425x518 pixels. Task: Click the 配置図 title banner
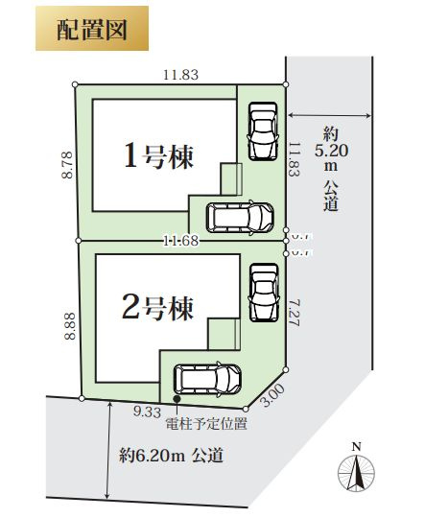[92, 29]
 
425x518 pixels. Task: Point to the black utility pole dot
[177, 399]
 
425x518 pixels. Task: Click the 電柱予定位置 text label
[206, 422]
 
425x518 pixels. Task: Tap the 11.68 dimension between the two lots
[180, 240]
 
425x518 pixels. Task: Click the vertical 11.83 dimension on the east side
[295, 157]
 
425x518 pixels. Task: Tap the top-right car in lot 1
[261, 131]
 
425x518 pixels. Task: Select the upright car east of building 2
[261, 291]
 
